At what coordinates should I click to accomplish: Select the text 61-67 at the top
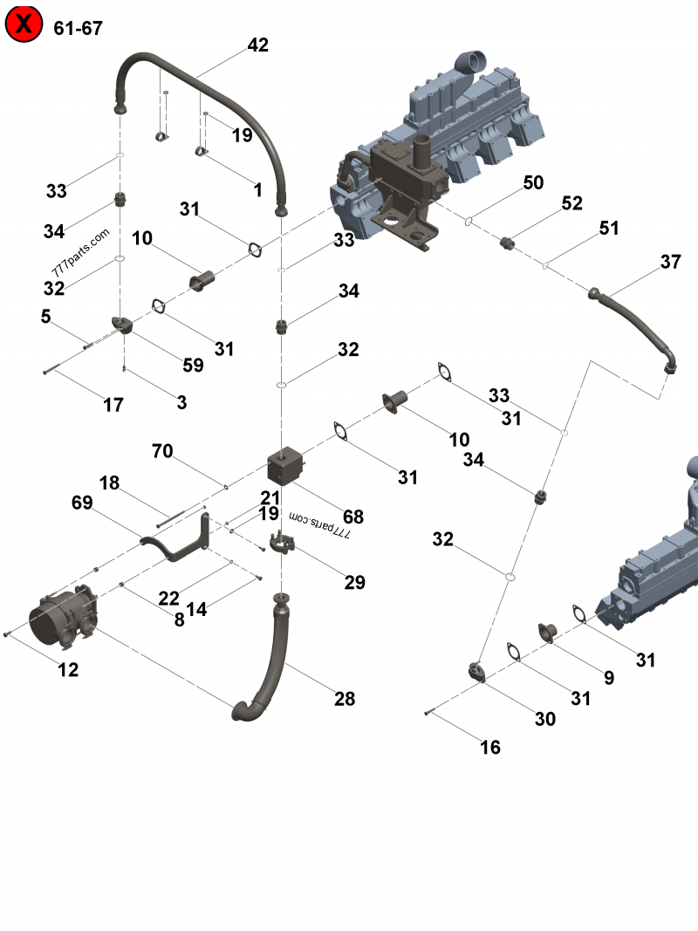coord(78,28)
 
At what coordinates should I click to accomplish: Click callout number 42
coord(257,45)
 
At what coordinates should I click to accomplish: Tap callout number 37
coord(670,262)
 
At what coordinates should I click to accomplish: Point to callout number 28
coord(345,698)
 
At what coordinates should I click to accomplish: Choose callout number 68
coord(352,517)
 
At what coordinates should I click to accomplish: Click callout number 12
coord(68,670)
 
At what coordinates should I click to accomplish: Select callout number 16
coord(490,747)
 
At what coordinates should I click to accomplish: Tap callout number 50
coord(533,182)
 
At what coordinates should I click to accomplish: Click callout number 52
coord(571,203)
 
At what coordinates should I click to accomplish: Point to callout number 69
coord(82,503)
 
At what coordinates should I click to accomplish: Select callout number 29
coord(354,583)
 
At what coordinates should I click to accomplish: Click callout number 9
coord(608,677)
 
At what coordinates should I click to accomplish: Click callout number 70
coord(162,451)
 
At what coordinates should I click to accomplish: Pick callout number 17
coord(113,405)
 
